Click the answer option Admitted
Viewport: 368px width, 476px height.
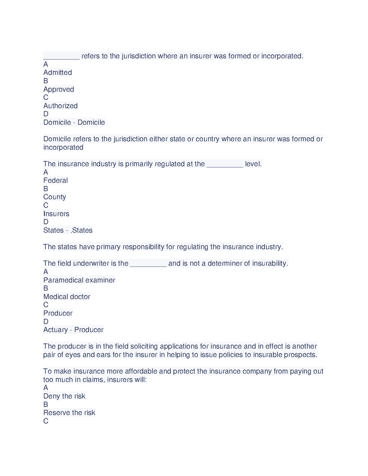coord(57,73)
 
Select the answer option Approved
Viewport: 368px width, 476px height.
coord(59,89)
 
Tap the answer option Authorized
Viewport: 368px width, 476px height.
coord(60,106)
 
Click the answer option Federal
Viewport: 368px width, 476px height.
coord(55,180)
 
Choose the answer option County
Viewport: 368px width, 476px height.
coord(54,197)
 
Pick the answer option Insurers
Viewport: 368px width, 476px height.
coord(56,214)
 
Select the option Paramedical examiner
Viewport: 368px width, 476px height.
coord(79,280)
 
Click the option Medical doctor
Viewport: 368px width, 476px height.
coord(67,297)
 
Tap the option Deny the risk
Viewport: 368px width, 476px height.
coord(64,396)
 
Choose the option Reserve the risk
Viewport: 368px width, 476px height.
coord(69,413)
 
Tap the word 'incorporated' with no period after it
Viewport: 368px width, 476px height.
coord(63,147)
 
